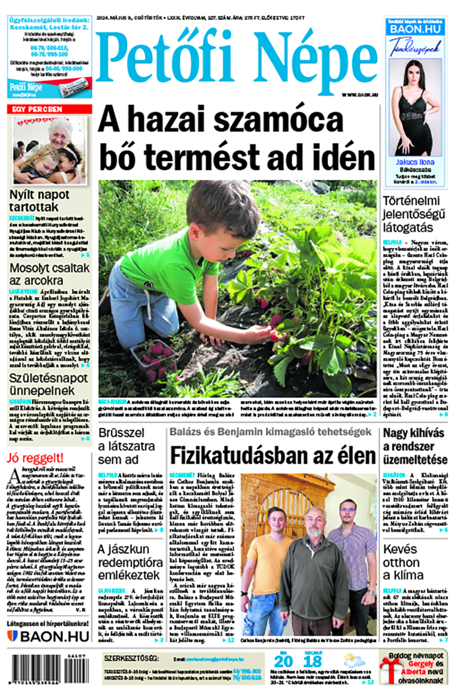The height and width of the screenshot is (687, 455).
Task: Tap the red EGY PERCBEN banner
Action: pos(50,109)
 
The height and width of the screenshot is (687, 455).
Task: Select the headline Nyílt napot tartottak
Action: pos(39,201)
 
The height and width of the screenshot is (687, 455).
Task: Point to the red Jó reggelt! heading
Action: pos(35,459)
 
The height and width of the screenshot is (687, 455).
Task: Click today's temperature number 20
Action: pos(284,661)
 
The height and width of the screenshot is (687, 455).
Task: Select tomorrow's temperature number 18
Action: pos(313,661)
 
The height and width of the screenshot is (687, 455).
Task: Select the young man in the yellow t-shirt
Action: pos(271,561)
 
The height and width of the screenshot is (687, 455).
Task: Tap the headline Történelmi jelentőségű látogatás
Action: pos(414,214)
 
